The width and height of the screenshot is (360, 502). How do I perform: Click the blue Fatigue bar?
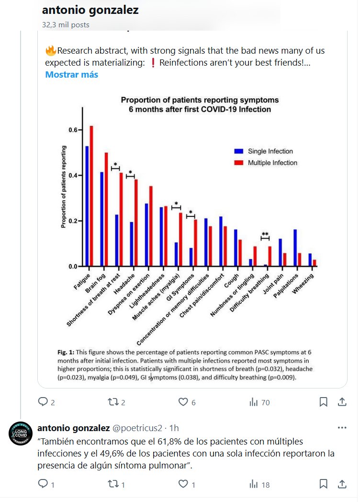(87, 206)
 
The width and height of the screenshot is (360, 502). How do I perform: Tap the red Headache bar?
(136, 223)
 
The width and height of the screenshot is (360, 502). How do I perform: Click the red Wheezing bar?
(315, 263)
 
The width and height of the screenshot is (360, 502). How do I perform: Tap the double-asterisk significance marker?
(265, 234)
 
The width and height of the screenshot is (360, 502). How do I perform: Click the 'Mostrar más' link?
(71, 75)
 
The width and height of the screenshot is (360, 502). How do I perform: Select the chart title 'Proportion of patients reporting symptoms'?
(200, 100)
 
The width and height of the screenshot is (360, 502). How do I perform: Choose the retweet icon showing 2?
(114, 402)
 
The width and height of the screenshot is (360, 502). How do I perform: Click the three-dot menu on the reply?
(342, 428)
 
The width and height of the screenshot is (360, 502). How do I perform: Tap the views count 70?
(259, 402)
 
